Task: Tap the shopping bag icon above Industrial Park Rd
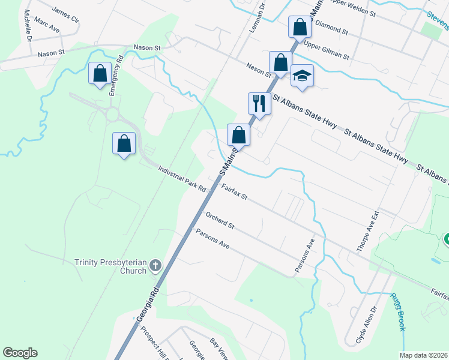124,144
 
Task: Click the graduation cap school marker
303,76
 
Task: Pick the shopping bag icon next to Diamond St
299,27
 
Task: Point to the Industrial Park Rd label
182,179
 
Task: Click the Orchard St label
219,220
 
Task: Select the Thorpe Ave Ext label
368,230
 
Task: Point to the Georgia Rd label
149,310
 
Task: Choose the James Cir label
65,14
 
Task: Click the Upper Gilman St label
327,50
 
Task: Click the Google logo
20,353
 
